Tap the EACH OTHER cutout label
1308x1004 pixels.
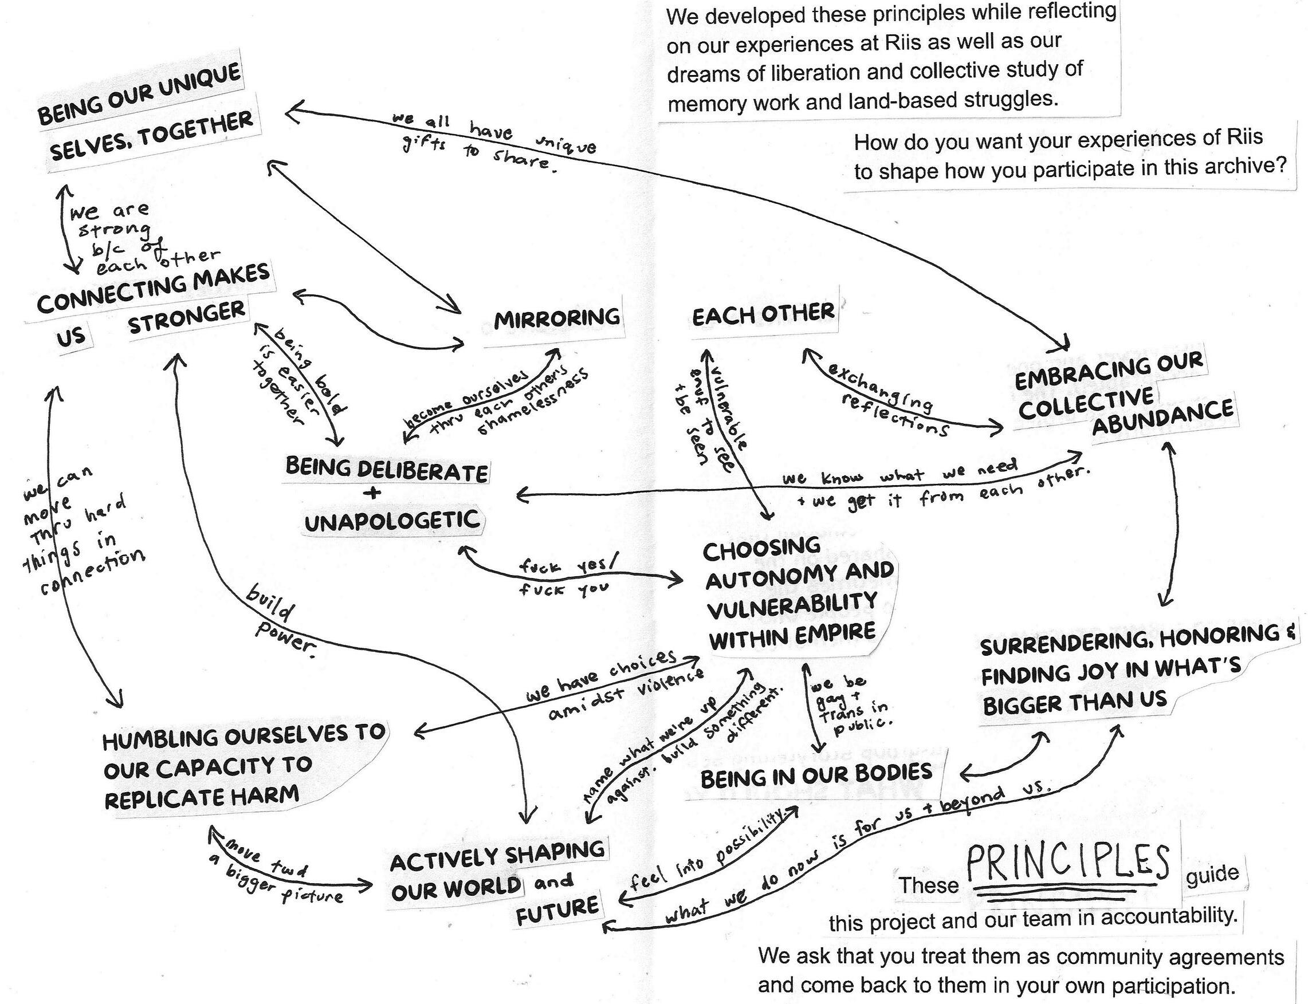(763, 314)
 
